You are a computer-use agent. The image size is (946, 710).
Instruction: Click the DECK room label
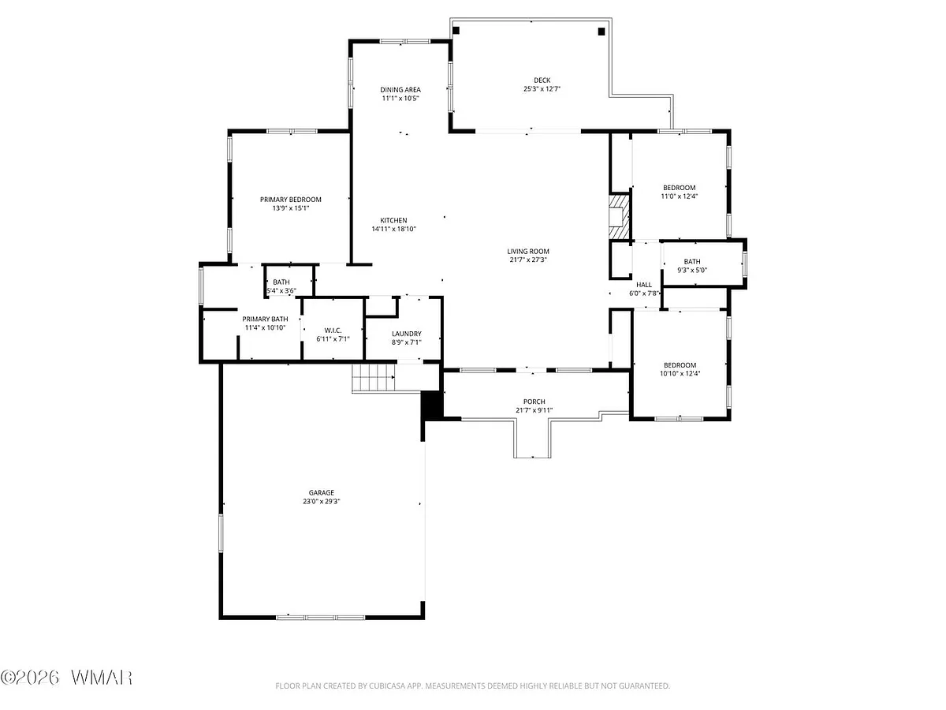[542, 80]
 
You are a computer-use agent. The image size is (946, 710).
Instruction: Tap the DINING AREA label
[400, 90]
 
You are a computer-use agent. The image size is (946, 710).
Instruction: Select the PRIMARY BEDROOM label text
[290, 200]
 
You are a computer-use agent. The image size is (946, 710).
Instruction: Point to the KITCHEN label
[393, 220]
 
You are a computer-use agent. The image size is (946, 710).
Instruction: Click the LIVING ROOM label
[528, 252]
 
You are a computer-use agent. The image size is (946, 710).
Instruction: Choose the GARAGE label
[322, 492]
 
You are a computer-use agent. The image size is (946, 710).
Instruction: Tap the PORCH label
[534, 402]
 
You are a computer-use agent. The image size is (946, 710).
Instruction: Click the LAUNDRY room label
[407, 334]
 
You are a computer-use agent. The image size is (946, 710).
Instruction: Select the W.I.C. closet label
[333, 331]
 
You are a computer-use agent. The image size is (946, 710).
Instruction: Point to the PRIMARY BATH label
[265, 319]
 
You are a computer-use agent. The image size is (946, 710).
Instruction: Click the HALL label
[644, 285]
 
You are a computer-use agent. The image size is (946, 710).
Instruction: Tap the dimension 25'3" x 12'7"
[542, 89]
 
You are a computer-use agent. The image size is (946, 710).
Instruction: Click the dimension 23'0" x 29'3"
[322, 502]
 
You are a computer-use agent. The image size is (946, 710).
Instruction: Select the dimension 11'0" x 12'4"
[680, 196]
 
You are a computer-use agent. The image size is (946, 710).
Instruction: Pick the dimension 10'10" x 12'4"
[680, 374]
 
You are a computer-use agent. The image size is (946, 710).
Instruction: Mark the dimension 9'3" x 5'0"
[692, 271]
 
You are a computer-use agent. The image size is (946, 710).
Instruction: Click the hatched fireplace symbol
[620, 217]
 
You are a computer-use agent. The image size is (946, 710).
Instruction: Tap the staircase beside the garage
[374, 378]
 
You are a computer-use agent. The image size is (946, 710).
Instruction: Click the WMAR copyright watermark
[67, 677]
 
